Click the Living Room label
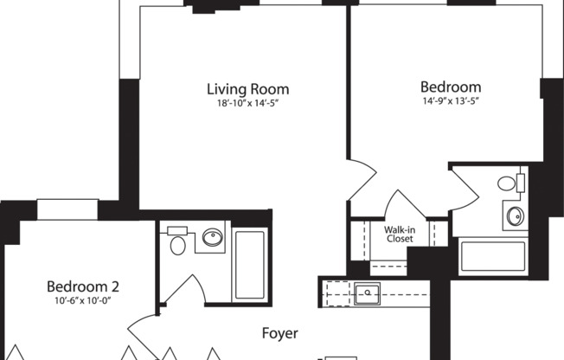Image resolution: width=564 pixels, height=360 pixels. [247, 89]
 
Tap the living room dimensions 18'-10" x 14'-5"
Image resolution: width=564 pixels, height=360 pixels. [247, 103]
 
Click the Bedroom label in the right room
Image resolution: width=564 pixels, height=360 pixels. [450, 87]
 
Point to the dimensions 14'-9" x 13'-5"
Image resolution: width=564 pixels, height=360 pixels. [450, 101]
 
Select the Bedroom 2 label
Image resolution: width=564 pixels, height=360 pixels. [82, 286]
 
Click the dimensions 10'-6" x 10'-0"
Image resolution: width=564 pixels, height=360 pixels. [82, 300]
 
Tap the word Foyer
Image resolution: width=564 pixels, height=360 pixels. [280, 332]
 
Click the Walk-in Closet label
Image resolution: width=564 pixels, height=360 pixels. [399, 234]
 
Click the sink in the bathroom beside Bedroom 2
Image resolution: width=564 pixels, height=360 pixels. [212, 237]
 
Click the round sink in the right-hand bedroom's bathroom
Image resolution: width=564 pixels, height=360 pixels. [514, 215]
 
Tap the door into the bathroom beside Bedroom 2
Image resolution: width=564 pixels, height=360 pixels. [185, 291]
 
